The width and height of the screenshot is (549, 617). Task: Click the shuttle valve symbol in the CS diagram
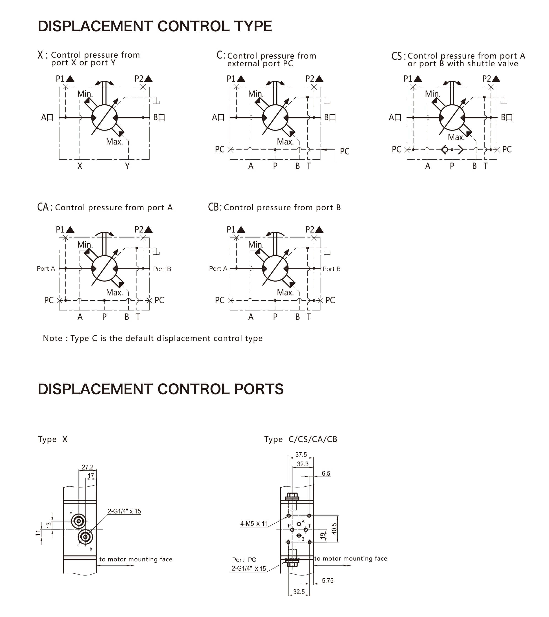click(x=452, y=150)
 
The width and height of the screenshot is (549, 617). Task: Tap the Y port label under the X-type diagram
click(x=127, y=166)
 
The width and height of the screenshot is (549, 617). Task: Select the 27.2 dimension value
click(x=88, y=467)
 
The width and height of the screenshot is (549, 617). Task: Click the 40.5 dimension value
click(x=334, y=529)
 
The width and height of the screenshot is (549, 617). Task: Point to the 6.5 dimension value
click(x=326, y=473)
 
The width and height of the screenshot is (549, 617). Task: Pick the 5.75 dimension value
click(x=328, y=580)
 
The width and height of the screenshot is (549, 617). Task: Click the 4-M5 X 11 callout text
click(x=254, y=524)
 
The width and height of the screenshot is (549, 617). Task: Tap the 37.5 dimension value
click(x=301, y=455)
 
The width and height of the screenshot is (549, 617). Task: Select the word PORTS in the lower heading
click(x=259, y=389)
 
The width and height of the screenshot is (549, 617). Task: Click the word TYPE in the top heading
click(x=253, y=26)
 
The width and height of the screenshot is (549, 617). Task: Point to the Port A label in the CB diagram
click(x=218, y=268)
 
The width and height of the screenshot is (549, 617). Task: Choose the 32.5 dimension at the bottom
click(x=299, y=592)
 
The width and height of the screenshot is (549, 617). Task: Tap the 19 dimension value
click(x=323, y=536)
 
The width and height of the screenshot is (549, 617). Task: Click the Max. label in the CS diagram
click(x=456, y=137)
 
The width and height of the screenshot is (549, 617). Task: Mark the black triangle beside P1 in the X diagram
click(x=70, y=79)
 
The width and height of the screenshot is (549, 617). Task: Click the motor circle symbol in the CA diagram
click(x=104, y=268)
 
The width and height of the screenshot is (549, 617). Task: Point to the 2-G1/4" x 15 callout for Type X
click(x=124, y=511)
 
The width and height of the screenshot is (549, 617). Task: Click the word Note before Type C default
click(x=53, y=338)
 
